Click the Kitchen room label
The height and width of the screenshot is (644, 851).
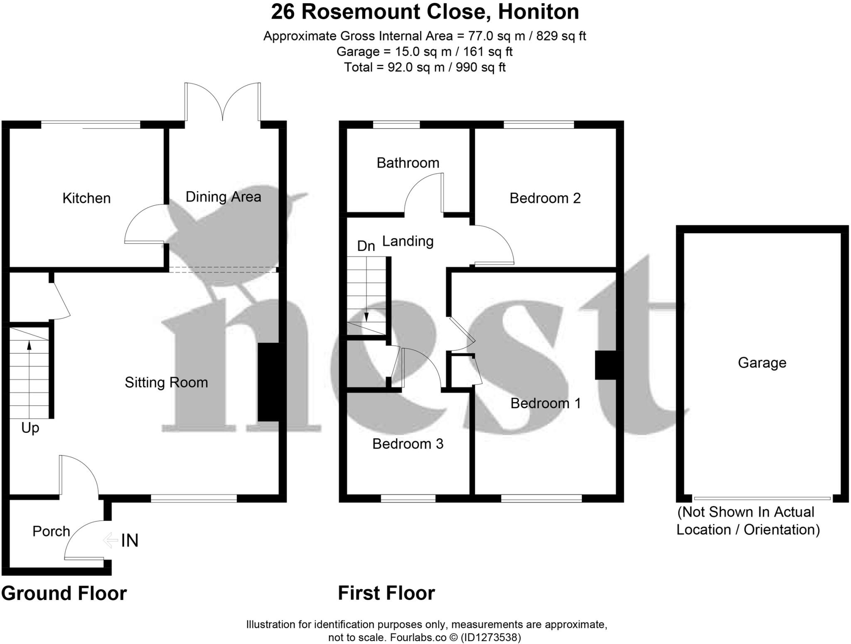[x=86, y=198]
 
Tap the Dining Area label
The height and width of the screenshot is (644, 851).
[x=223, y=197]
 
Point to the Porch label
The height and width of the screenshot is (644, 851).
[x=51, y=531]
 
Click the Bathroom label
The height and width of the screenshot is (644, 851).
[x=408, y=163]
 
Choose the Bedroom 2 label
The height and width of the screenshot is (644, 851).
[x=545, y=198]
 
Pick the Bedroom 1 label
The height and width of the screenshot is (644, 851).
[x=546, y=403]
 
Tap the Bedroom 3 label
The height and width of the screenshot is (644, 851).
[x=408, y=444]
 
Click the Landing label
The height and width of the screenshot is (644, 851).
[x=408, y=242]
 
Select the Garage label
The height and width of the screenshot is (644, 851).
[x=762, y=363]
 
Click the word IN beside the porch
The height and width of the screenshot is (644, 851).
[x=130, y=540]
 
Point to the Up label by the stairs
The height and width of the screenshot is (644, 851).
[x=30, y=428]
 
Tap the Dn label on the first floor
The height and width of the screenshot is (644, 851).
[x=366, y=246]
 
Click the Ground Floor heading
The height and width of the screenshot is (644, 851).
[x=64, y=593]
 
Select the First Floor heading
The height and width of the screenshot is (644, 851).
[x=386, y=593]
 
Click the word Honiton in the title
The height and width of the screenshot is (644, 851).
[x=539, y=12]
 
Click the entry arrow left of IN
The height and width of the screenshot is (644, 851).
[x=110, y=540]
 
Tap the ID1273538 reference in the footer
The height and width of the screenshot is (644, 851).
[x=490, y=637]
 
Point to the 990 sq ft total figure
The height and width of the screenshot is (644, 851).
[x=480, y=67]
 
